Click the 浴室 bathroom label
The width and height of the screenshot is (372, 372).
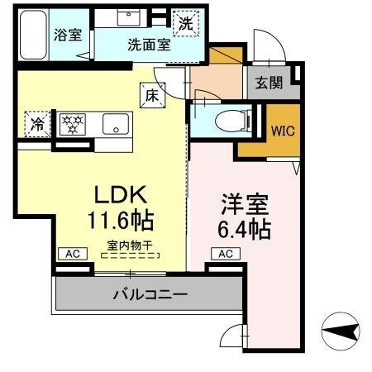(x=67, y=35)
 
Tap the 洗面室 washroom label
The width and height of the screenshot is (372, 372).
(x=149, y=45)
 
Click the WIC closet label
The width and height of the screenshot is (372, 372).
(x=278, y=130)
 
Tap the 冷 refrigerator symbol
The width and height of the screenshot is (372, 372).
(x=38, y=124)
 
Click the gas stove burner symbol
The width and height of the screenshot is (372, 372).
(x=74, y=124)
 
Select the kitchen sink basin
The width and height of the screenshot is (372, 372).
(x=114, y=125)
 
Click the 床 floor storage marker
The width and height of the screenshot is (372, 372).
(x=152, y=96)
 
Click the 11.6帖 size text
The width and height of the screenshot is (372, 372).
(x=120, y=220)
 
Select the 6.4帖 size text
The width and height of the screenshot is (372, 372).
(x=244, y=228)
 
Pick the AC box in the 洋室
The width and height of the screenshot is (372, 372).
(x=225, y=254)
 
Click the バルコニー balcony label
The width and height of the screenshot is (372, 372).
(x=150, y=293)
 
